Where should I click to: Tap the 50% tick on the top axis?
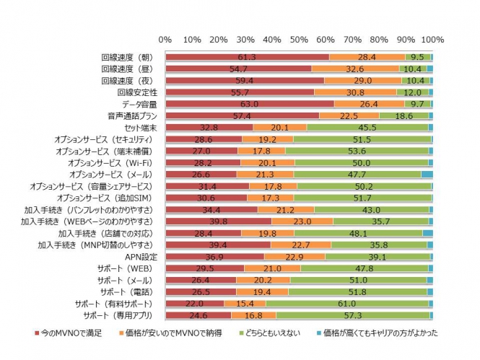[299, 39]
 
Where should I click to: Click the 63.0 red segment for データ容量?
[250, 104]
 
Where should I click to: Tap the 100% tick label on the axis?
[432, 39]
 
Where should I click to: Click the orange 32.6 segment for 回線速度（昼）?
[355, 69]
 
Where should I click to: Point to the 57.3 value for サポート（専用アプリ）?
[352, 316]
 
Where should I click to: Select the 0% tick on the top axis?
[165, 39]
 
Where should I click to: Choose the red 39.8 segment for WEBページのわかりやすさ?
[218, 221]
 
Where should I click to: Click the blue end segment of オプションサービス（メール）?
[427, 175]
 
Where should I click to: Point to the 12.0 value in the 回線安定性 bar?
[412, 92]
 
